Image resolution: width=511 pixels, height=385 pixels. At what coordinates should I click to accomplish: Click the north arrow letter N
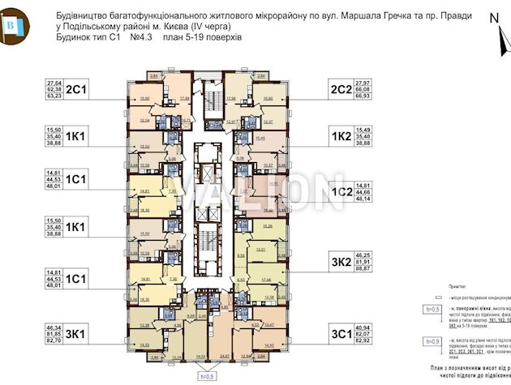[x=494, y=17]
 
